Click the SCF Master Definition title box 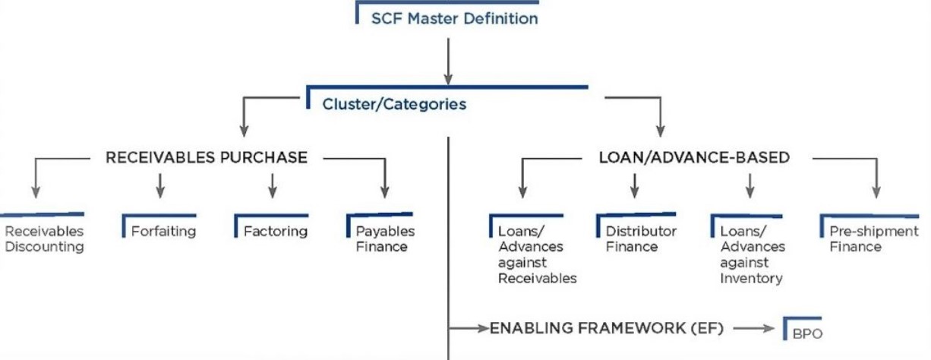454,18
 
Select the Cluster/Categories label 394,104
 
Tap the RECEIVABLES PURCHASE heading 207,158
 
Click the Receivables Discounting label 43,238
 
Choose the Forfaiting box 163,231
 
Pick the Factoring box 276,231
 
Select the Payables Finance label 385,238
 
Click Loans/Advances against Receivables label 537,254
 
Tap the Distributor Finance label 641,238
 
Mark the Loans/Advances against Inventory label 752,254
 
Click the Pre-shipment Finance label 873,238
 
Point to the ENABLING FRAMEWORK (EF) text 607,328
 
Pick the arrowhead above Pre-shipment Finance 877,194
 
